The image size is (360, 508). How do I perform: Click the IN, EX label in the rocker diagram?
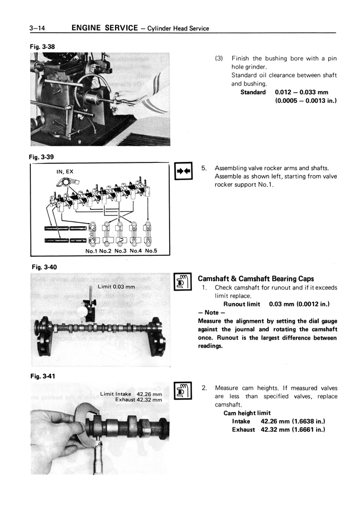65,172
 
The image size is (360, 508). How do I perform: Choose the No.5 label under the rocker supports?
151,251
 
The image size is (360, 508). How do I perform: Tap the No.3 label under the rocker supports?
121,251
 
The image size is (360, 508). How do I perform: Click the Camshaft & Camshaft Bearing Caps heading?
255,278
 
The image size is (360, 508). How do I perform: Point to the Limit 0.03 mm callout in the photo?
117,287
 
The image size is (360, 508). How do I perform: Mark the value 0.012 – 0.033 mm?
301,92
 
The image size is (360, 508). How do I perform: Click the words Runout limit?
241,304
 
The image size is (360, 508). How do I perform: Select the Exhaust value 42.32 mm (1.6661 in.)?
292,429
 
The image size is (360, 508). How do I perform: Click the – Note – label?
210,312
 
